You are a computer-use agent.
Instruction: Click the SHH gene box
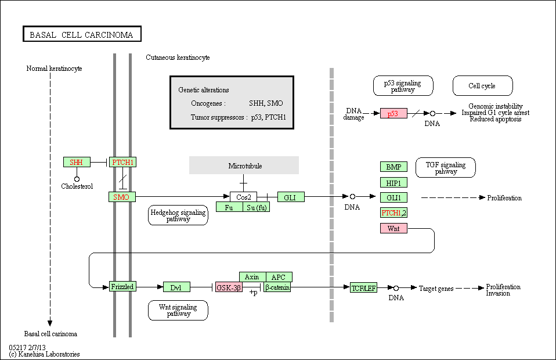click(x=77, y=162)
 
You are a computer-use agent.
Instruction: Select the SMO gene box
click(x=122, y=197)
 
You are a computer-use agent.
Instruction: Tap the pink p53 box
click(x=393, y=113)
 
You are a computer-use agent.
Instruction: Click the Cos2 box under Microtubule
click(x=244, y=197)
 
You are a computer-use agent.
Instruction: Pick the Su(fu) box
click(x=257, y=207)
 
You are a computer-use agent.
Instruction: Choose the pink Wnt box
click(x=393, y=228)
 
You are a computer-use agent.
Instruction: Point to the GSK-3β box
click(x=229, y=287)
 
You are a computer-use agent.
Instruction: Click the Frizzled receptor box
click(x=122, y=287)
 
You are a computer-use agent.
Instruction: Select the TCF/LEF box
click(x=363, y=287)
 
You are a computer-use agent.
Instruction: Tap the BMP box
click(x=393, y=167)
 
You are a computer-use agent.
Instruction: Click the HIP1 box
click(x=393, y=183)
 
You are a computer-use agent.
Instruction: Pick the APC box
click(x=279, y=277)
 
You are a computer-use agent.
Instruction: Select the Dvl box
click(x=176, y=287)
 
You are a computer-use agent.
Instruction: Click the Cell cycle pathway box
click(x=483, y=85)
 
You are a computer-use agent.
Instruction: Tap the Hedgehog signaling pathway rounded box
click(x=178, y=215)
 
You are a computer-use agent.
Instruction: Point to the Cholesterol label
click(x=77, y=186)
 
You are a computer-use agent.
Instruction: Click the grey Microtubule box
click(x=244, y=165)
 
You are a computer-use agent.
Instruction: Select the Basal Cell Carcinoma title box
click(x=82, y=34)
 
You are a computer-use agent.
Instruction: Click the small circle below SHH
click(x=77, y=179)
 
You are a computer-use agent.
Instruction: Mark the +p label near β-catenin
click(x=254, y=293)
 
